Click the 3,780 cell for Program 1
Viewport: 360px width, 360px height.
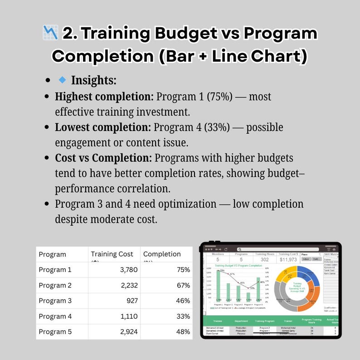[125, 270]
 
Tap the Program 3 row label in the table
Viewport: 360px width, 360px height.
[55, 301]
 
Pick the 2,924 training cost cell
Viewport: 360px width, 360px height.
[125, 331]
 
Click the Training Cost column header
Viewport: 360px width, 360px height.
[112, 254]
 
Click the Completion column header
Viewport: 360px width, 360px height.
[162, 254]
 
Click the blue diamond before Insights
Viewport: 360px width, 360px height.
[63, 80]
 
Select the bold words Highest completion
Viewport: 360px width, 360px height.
[104, 97]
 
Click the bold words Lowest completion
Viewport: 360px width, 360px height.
[103, 127]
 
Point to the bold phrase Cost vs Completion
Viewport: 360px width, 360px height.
[103, 158]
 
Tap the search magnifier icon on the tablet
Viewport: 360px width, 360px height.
[239, 249]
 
